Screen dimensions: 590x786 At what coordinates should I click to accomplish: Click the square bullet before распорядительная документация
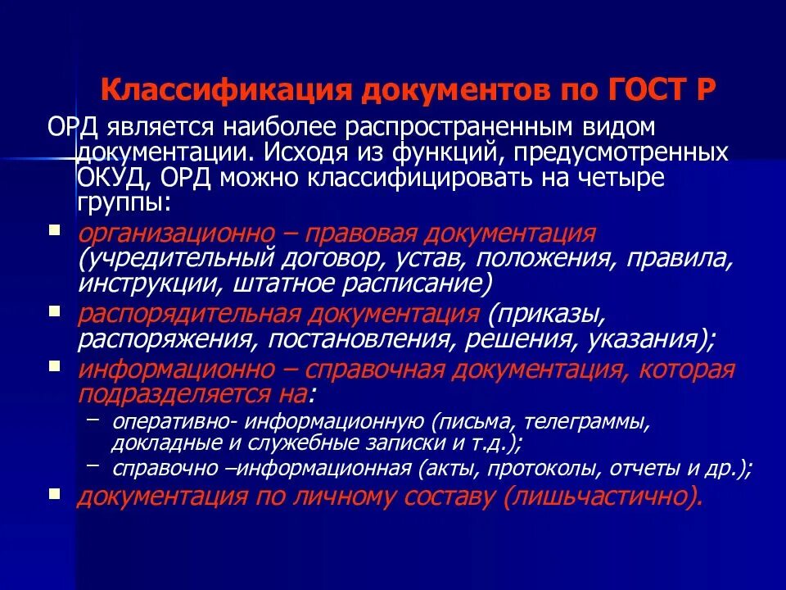pyautogui.click(x=54, y=311)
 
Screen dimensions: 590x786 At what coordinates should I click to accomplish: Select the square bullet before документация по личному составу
pyautogui.click(x=54, y=494)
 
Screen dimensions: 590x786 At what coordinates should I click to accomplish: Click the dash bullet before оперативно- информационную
pyautogui.click(x=92, y=421)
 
